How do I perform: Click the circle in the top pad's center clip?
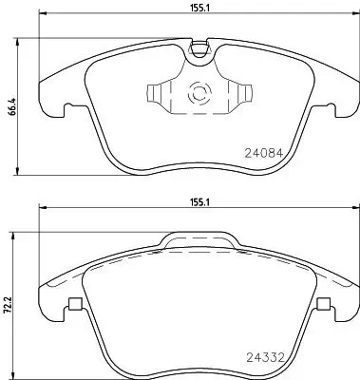[200, 94]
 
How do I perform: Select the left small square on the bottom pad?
[73, 305]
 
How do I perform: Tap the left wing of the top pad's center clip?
[156, 94]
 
